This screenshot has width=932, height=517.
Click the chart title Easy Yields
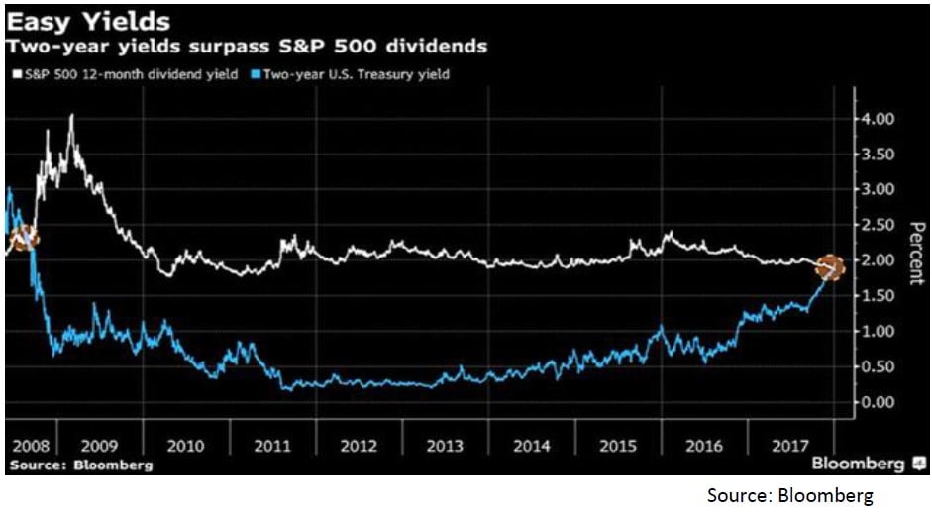(x=88, y=21)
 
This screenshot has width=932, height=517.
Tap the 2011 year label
(x=271, y=447)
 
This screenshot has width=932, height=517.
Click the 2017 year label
(x=788, y=447)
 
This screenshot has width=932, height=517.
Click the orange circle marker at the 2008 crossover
(x=23, y=237)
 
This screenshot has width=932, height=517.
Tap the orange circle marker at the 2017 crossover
(x=830, y=267)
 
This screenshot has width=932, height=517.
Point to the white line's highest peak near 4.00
(x=70, y=116)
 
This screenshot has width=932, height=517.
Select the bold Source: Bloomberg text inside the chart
(x=80, y=465)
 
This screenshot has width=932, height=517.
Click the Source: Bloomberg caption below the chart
(x=790, y=495)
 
